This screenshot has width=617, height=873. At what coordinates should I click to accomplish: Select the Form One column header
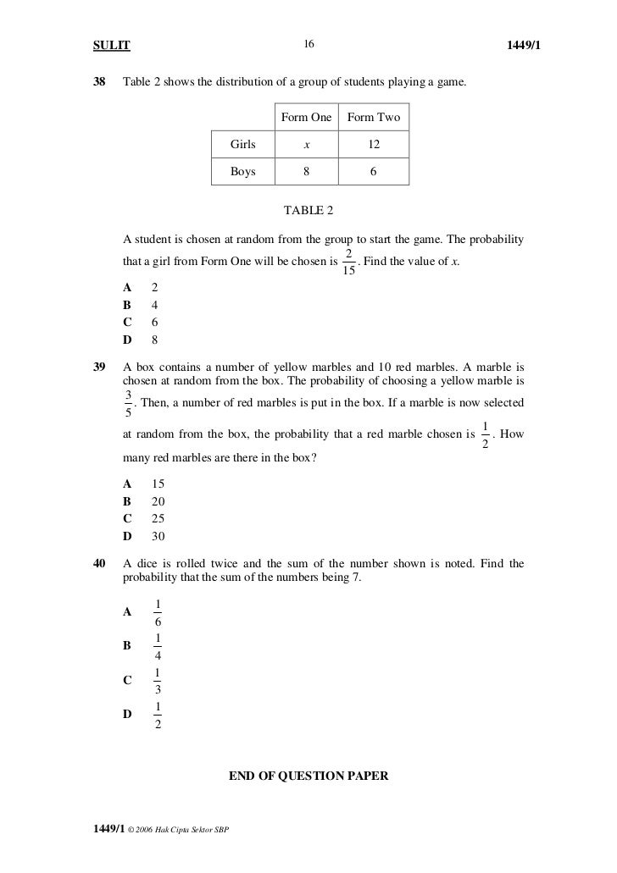(x=306, y=118)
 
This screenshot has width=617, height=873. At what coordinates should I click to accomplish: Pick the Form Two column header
(x=374, y=118)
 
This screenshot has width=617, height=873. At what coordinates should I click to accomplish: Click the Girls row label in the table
(x=243, y=145)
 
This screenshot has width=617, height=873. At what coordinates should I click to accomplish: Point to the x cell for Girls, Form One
(x=306, y=145)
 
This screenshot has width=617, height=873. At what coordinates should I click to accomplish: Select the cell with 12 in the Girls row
(x=374, y=145)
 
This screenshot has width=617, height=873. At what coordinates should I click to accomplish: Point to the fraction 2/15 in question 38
(x=349, y=262)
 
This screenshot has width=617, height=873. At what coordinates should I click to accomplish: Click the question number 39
(x=99, y=367)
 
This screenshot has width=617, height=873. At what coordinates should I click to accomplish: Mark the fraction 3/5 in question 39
(x=128, y=402)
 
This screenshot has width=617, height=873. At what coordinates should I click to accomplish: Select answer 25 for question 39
(x=158, y=518)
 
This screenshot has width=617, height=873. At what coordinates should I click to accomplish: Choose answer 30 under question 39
(x=158, y=536)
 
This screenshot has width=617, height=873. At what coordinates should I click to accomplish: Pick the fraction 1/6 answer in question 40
(x=158, y=612)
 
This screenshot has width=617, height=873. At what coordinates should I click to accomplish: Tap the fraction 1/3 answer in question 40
(x=158, y=682)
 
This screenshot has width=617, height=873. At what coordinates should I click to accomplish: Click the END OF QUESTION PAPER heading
(x=308, y=774)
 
